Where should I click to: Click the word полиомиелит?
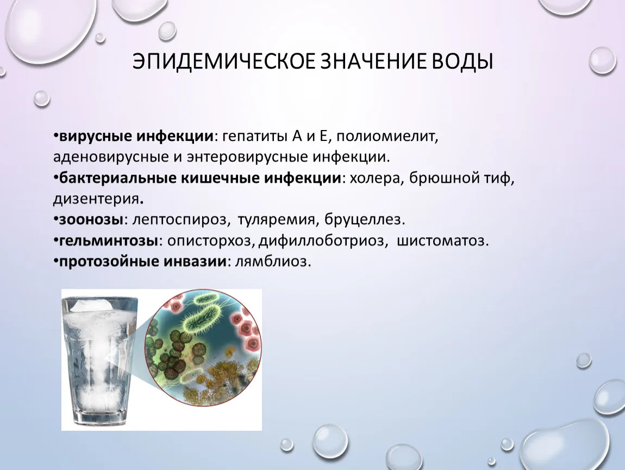tap(387, 137)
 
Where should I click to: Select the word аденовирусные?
tap(111, 157)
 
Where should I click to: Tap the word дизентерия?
tap(96, 199)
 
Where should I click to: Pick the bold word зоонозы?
tap(91, 219)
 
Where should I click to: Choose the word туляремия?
tap(278, 219)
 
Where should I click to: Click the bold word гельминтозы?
tap(108, 240)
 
